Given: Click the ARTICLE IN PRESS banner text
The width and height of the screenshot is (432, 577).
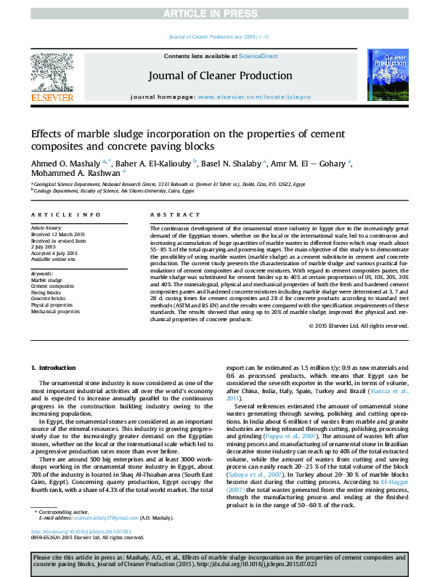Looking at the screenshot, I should pyautogui.click(x=216, y=14).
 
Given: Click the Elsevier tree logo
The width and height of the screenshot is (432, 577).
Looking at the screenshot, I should pyautogui.click(x=52, y=72).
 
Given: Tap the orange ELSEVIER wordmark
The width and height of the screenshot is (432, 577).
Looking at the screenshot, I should pyautogui.click(x=52, y=97).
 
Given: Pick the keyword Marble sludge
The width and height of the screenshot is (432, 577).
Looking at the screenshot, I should pyautogui.click(x=46, y=280).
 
